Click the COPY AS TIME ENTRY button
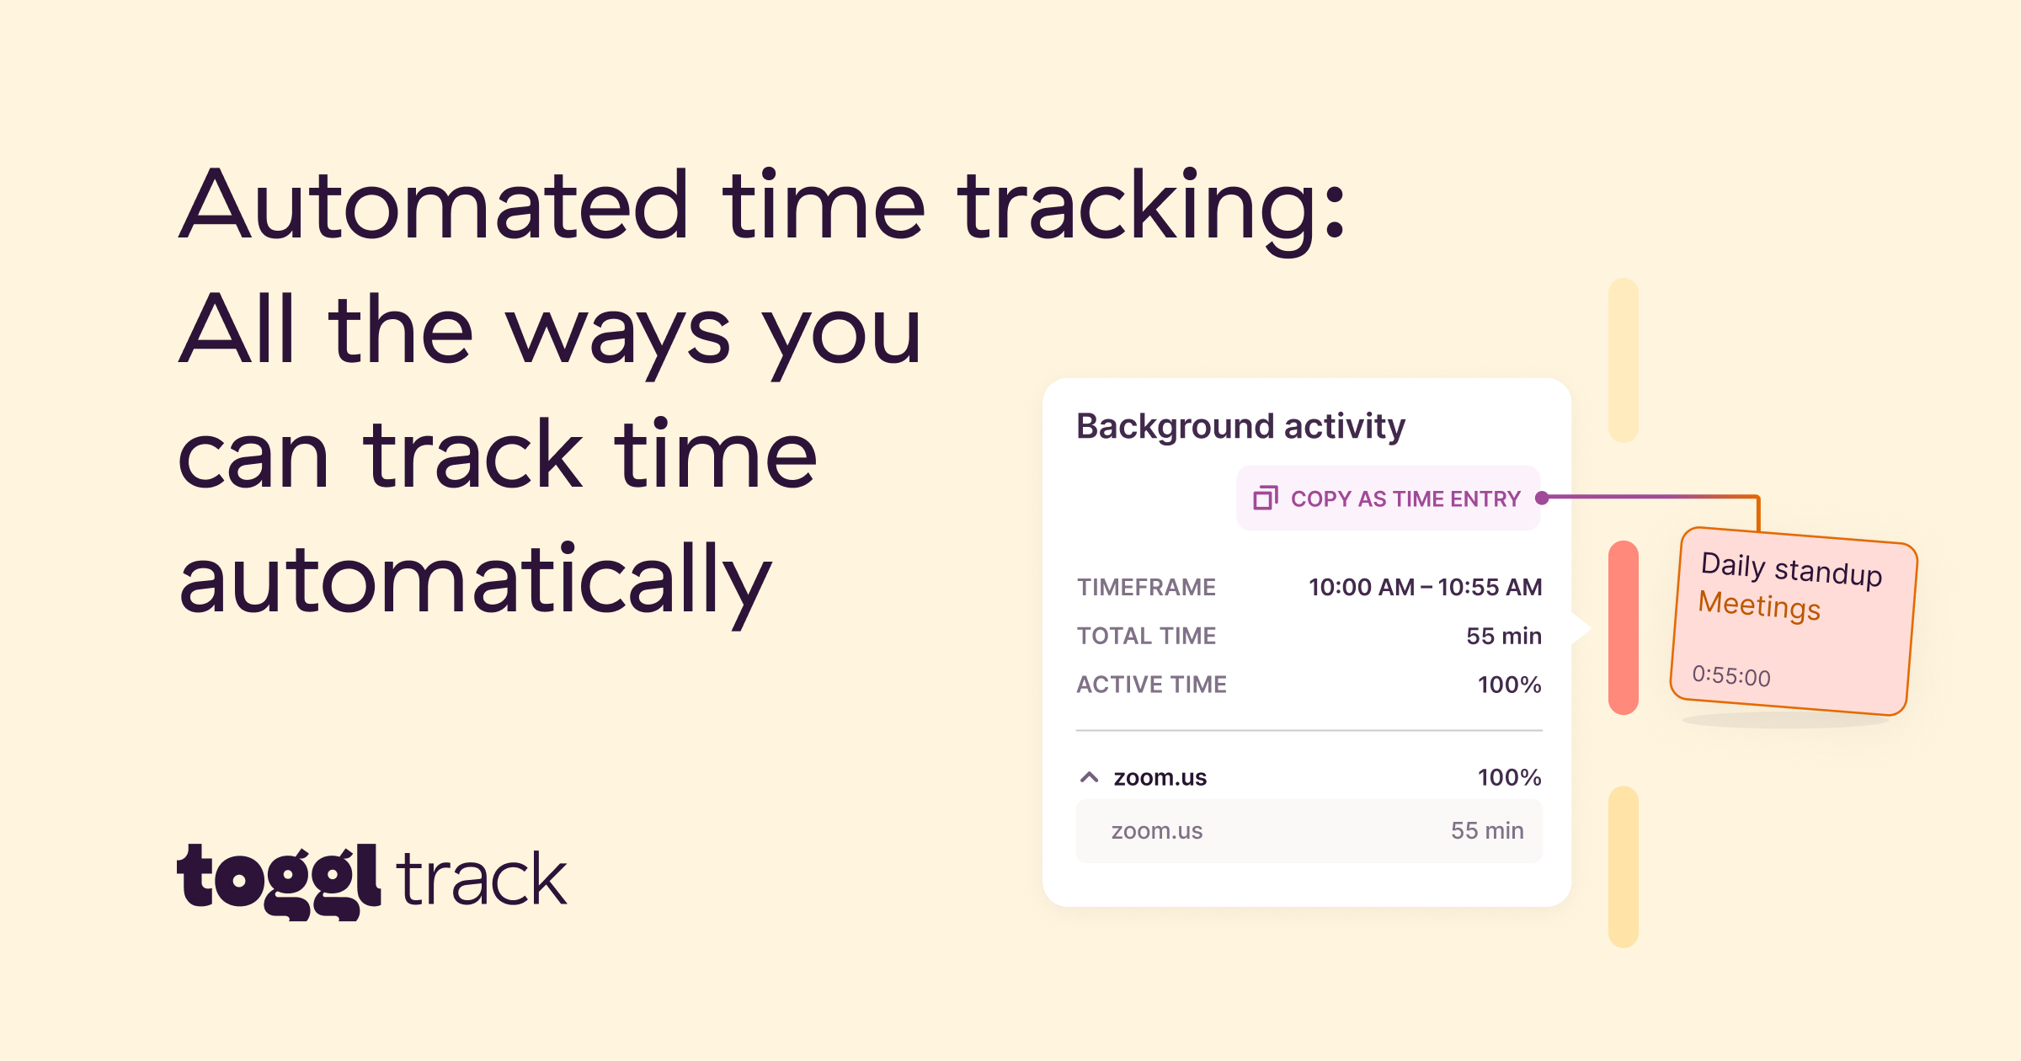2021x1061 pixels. click(1388, 499)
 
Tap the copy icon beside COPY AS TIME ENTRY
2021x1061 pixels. click(1266, 499)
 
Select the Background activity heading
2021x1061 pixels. click(1240, 426)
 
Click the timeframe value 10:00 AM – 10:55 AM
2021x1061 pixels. click(1425, 587)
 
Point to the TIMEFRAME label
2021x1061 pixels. click(1146, 587)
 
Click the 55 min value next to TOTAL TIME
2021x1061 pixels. click(1504, 636)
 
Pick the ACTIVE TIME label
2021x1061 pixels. click(1152, 685)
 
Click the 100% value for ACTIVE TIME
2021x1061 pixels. click(1510, 685)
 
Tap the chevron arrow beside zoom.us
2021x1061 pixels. click(1090, 777)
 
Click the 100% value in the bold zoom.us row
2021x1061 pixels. click(1510, 777)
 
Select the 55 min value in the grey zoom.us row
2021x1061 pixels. click(1487, 831)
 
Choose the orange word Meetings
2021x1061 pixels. click(1759, 606)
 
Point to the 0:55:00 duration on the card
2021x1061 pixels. click(1731, 675)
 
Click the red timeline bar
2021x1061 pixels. click(1624, 628)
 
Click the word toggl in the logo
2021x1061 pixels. click(280, 881)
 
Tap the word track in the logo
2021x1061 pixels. click(482, 879)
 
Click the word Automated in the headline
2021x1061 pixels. click(435, 205)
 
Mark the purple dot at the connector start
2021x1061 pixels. click(1543, 498)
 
